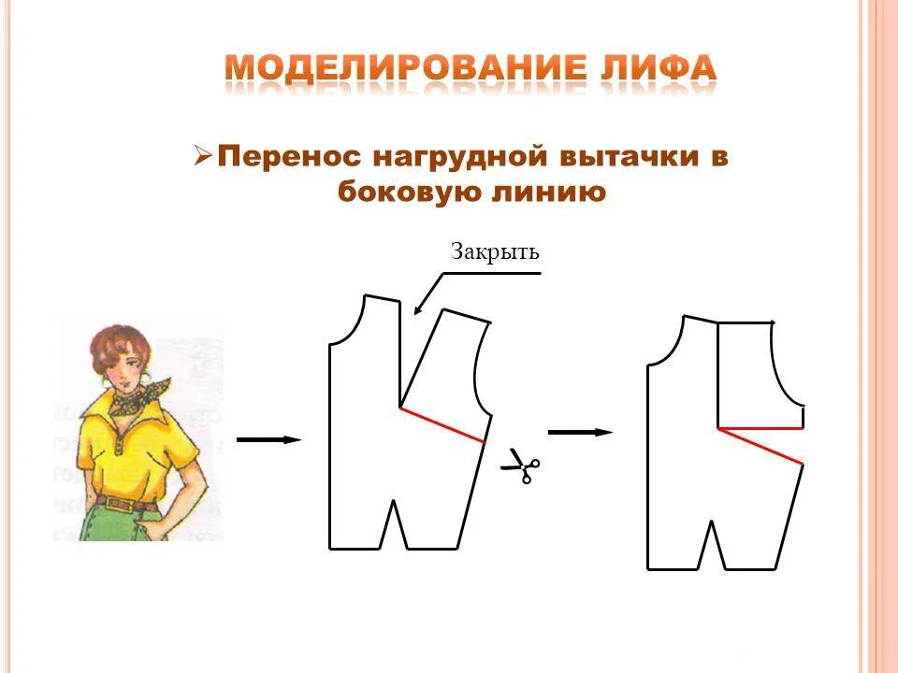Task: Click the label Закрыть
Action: coord(496,252)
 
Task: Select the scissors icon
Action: coord(520,465)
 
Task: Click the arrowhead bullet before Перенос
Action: coord(203,155)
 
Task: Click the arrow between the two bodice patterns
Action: coord(580,432)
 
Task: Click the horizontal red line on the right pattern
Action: coord(760,428)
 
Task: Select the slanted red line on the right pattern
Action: coord(760,446)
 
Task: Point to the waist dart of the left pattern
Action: coord(394,528)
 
